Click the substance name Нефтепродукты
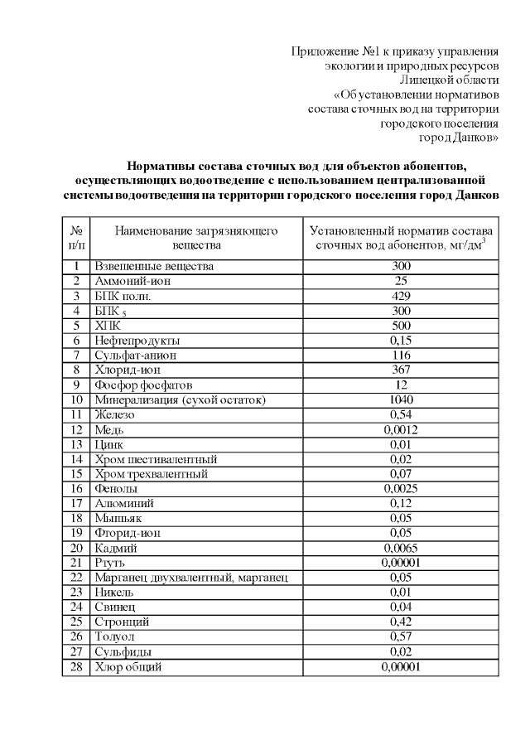[137, 341]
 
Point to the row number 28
[75, 667]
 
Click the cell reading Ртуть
[110, 563]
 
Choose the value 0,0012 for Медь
[401, 429]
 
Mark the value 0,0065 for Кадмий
[401, 548]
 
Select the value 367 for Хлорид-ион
[401, 370]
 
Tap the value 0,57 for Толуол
[401, 637]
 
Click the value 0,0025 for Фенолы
[401, 489]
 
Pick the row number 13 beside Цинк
[75, 444]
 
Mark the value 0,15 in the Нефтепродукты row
[401, 341]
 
